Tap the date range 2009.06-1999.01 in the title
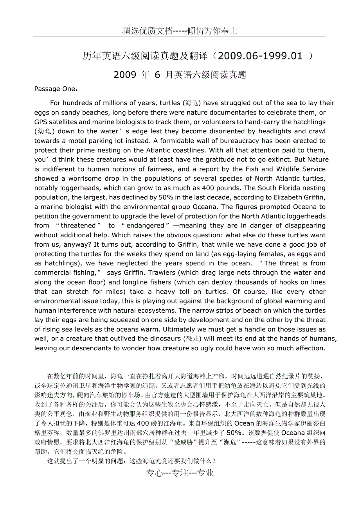tap(258, 56)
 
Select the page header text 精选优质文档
tap(147, 31)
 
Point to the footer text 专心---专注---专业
tap(180, 473)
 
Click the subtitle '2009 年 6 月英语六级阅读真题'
tap(180, 75)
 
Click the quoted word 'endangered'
tap(145, 226)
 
